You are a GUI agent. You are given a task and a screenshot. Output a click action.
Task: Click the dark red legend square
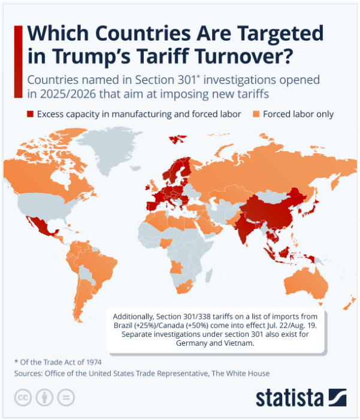(x=30, y=114)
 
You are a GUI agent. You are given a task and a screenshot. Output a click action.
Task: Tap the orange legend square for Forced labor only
(x=256, y=114)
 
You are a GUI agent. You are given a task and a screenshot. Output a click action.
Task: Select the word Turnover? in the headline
(x=243, y=56)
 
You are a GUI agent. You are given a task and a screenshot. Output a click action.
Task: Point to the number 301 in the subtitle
(x=187, y=80)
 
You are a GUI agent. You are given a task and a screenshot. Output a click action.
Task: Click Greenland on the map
(x=110, y=148)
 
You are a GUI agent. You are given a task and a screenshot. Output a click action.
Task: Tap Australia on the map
(x=306, y=285)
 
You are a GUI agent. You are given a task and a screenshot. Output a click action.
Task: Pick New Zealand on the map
(x=350, y=303)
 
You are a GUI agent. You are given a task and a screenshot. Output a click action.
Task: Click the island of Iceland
(x=136, y=168)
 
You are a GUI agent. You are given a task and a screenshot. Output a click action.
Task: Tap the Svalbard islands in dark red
(x=177, y=139)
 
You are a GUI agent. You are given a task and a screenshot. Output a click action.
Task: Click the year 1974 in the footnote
(x=94, y=362)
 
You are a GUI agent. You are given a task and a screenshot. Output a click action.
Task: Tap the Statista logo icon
(x=337, y=397)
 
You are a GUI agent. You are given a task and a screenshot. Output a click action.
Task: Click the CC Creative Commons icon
(x=23, y=397)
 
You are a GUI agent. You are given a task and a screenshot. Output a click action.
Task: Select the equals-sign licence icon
(x=66, y=397)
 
